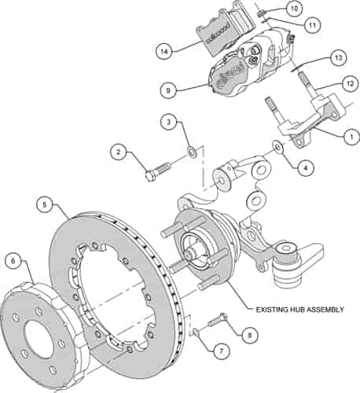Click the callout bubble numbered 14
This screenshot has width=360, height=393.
[x=164, y=52]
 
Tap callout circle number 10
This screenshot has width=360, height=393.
[x=294, y=9]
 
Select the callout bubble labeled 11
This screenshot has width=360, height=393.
[x=312, y=25]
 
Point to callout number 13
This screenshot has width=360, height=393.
[x=338, y=57]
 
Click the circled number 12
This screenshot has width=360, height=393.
[x=350, y=84]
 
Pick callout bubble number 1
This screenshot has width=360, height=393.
[x=351, y=137]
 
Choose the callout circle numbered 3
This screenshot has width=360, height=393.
[x=169, y=122]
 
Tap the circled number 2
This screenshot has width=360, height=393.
[x=119, y=152]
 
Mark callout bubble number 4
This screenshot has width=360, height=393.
[x=305, y=167]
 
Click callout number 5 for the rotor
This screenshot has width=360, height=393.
[x=45, y=204]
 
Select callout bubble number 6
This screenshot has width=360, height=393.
[x=13, y=261]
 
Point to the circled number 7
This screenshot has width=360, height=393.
[x=221, y=351]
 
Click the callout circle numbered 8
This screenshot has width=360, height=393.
[x=249, y=335]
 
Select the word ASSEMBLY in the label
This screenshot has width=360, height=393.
[x=325, y=310]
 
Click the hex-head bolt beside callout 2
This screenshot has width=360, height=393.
[x=157, y=171]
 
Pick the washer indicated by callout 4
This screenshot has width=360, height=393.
[x=278, y=147]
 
